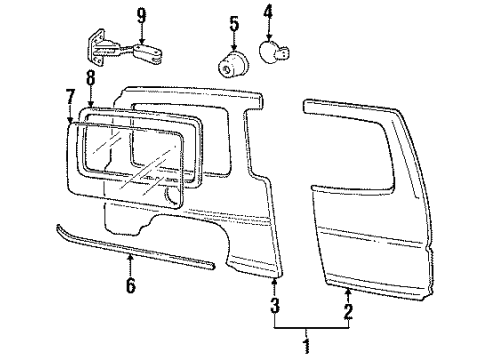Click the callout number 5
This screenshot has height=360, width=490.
[233, 22]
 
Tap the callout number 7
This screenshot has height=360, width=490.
[70, 96]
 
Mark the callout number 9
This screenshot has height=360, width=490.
[141, 14]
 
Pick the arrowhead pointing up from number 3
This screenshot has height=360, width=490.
[274, 283]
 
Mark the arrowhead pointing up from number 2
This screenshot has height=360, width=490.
[347, 287]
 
